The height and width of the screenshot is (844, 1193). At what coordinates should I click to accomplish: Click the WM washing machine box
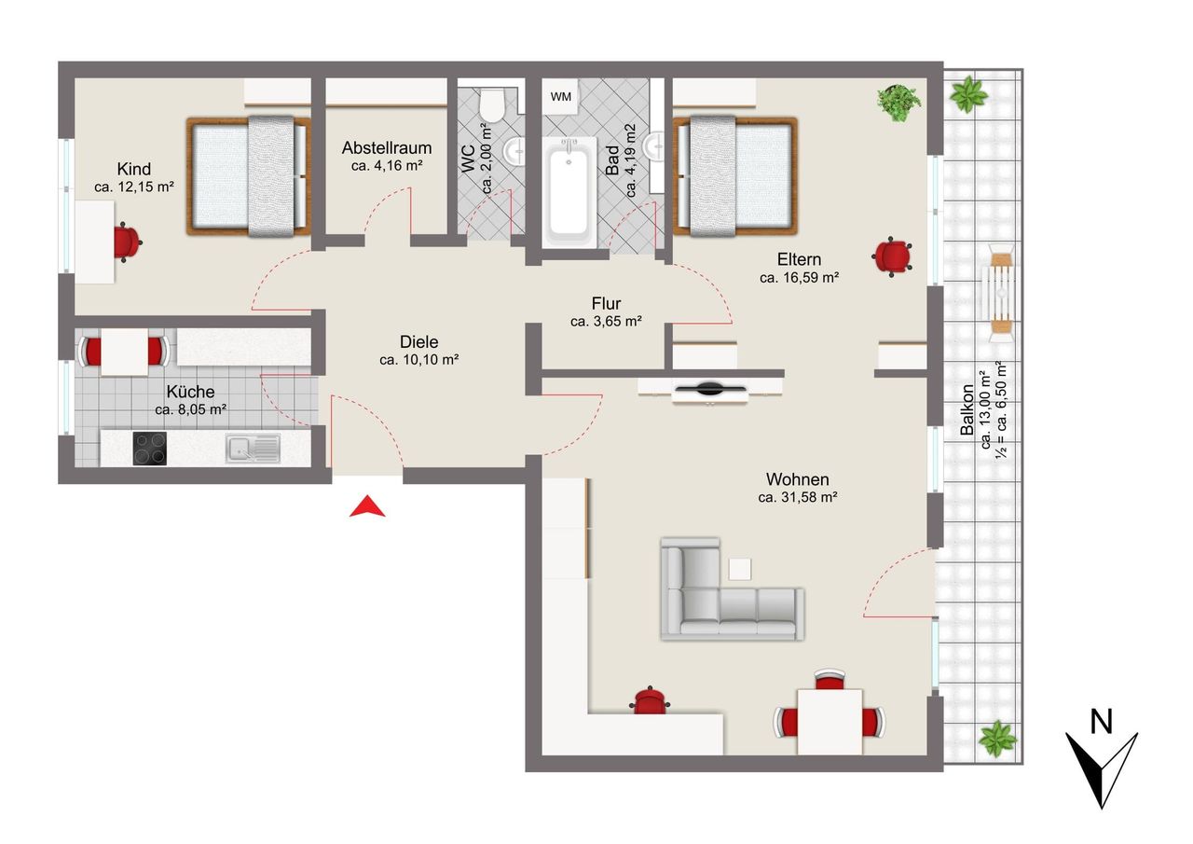point(560,96)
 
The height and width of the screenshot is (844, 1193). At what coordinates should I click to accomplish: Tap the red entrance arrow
point(367,506)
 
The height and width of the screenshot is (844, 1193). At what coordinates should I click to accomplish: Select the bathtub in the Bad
point(569,192)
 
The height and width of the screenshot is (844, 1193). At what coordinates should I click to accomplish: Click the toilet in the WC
point(491,105)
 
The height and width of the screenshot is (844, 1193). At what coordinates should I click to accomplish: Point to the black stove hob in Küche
point(150,448)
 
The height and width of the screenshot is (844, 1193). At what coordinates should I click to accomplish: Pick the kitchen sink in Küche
point(253,448)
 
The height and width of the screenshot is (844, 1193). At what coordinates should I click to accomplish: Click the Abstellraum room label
point(387,147)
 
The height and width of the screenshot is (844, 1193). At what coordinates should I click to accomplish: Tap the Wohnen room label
point(797,479)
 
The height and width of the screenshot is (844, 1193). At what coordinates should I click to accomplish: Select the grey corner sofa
point(733,588)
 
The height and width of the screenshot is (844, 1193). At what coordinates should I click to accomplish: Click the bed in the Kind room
point(249,176)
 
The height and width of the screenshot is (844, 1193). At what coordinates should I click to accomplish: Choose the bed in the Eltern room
point(735,176)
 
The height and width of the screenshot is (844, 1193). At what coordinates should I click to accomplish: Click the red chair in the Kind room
point(127,242)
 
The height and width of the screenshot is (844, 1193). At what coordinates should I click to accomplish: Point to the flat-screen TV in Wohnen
point(709,390)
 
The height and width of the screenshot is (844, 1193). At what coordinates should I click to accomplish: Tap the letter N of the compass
point(1102,723)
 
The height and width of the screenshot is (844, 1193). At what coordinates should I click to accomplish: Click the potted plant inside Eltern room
point(898,103)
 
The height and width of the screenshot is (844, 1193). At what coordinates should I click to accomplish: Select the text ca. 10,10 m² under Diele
point(419,360)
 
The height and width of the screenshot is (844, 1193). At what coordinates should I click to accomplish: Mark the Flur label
point(606,303)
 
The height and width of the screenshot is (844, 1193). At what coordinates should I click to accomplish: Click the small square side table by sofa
point(740,569)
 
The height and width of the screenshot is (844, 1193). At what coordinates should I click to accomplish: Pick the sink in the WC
point(514,151)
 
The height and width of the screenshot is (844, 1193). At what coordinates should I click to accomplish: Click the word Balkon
point(967,409)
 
